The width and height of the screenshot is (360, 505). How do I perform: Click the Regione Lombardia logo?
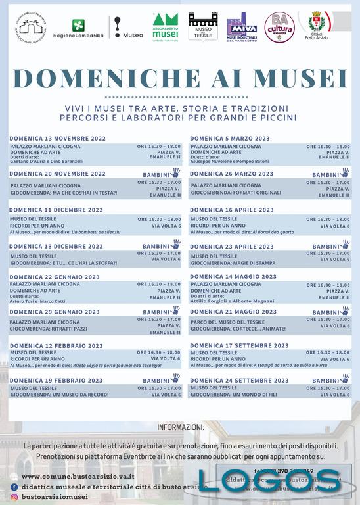click(78, 29)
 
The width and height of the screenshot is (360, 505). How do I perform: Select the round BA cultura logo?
click(279, 27)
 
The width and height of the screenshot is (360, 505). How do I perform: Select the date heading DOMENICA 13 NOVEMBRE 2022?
click(57, 139)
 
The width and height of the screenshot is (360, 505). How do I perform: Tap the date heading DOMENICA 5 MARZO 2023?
click(230, 139)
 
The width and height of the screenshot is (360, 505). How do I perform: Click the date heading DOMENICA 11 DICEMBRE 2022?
click(56, 210)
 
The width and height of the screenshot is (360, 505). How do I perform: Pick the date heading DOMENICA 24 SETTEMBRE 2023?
click(239, 381)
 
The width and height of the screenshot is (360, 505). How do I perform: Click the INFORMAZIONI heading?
click(180, 427)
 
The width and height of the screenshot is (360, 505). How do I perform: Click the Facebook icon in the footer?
click(14, 487)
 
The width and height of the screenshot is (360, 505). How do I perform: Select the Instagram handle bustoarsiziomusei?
click(63, 498)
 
